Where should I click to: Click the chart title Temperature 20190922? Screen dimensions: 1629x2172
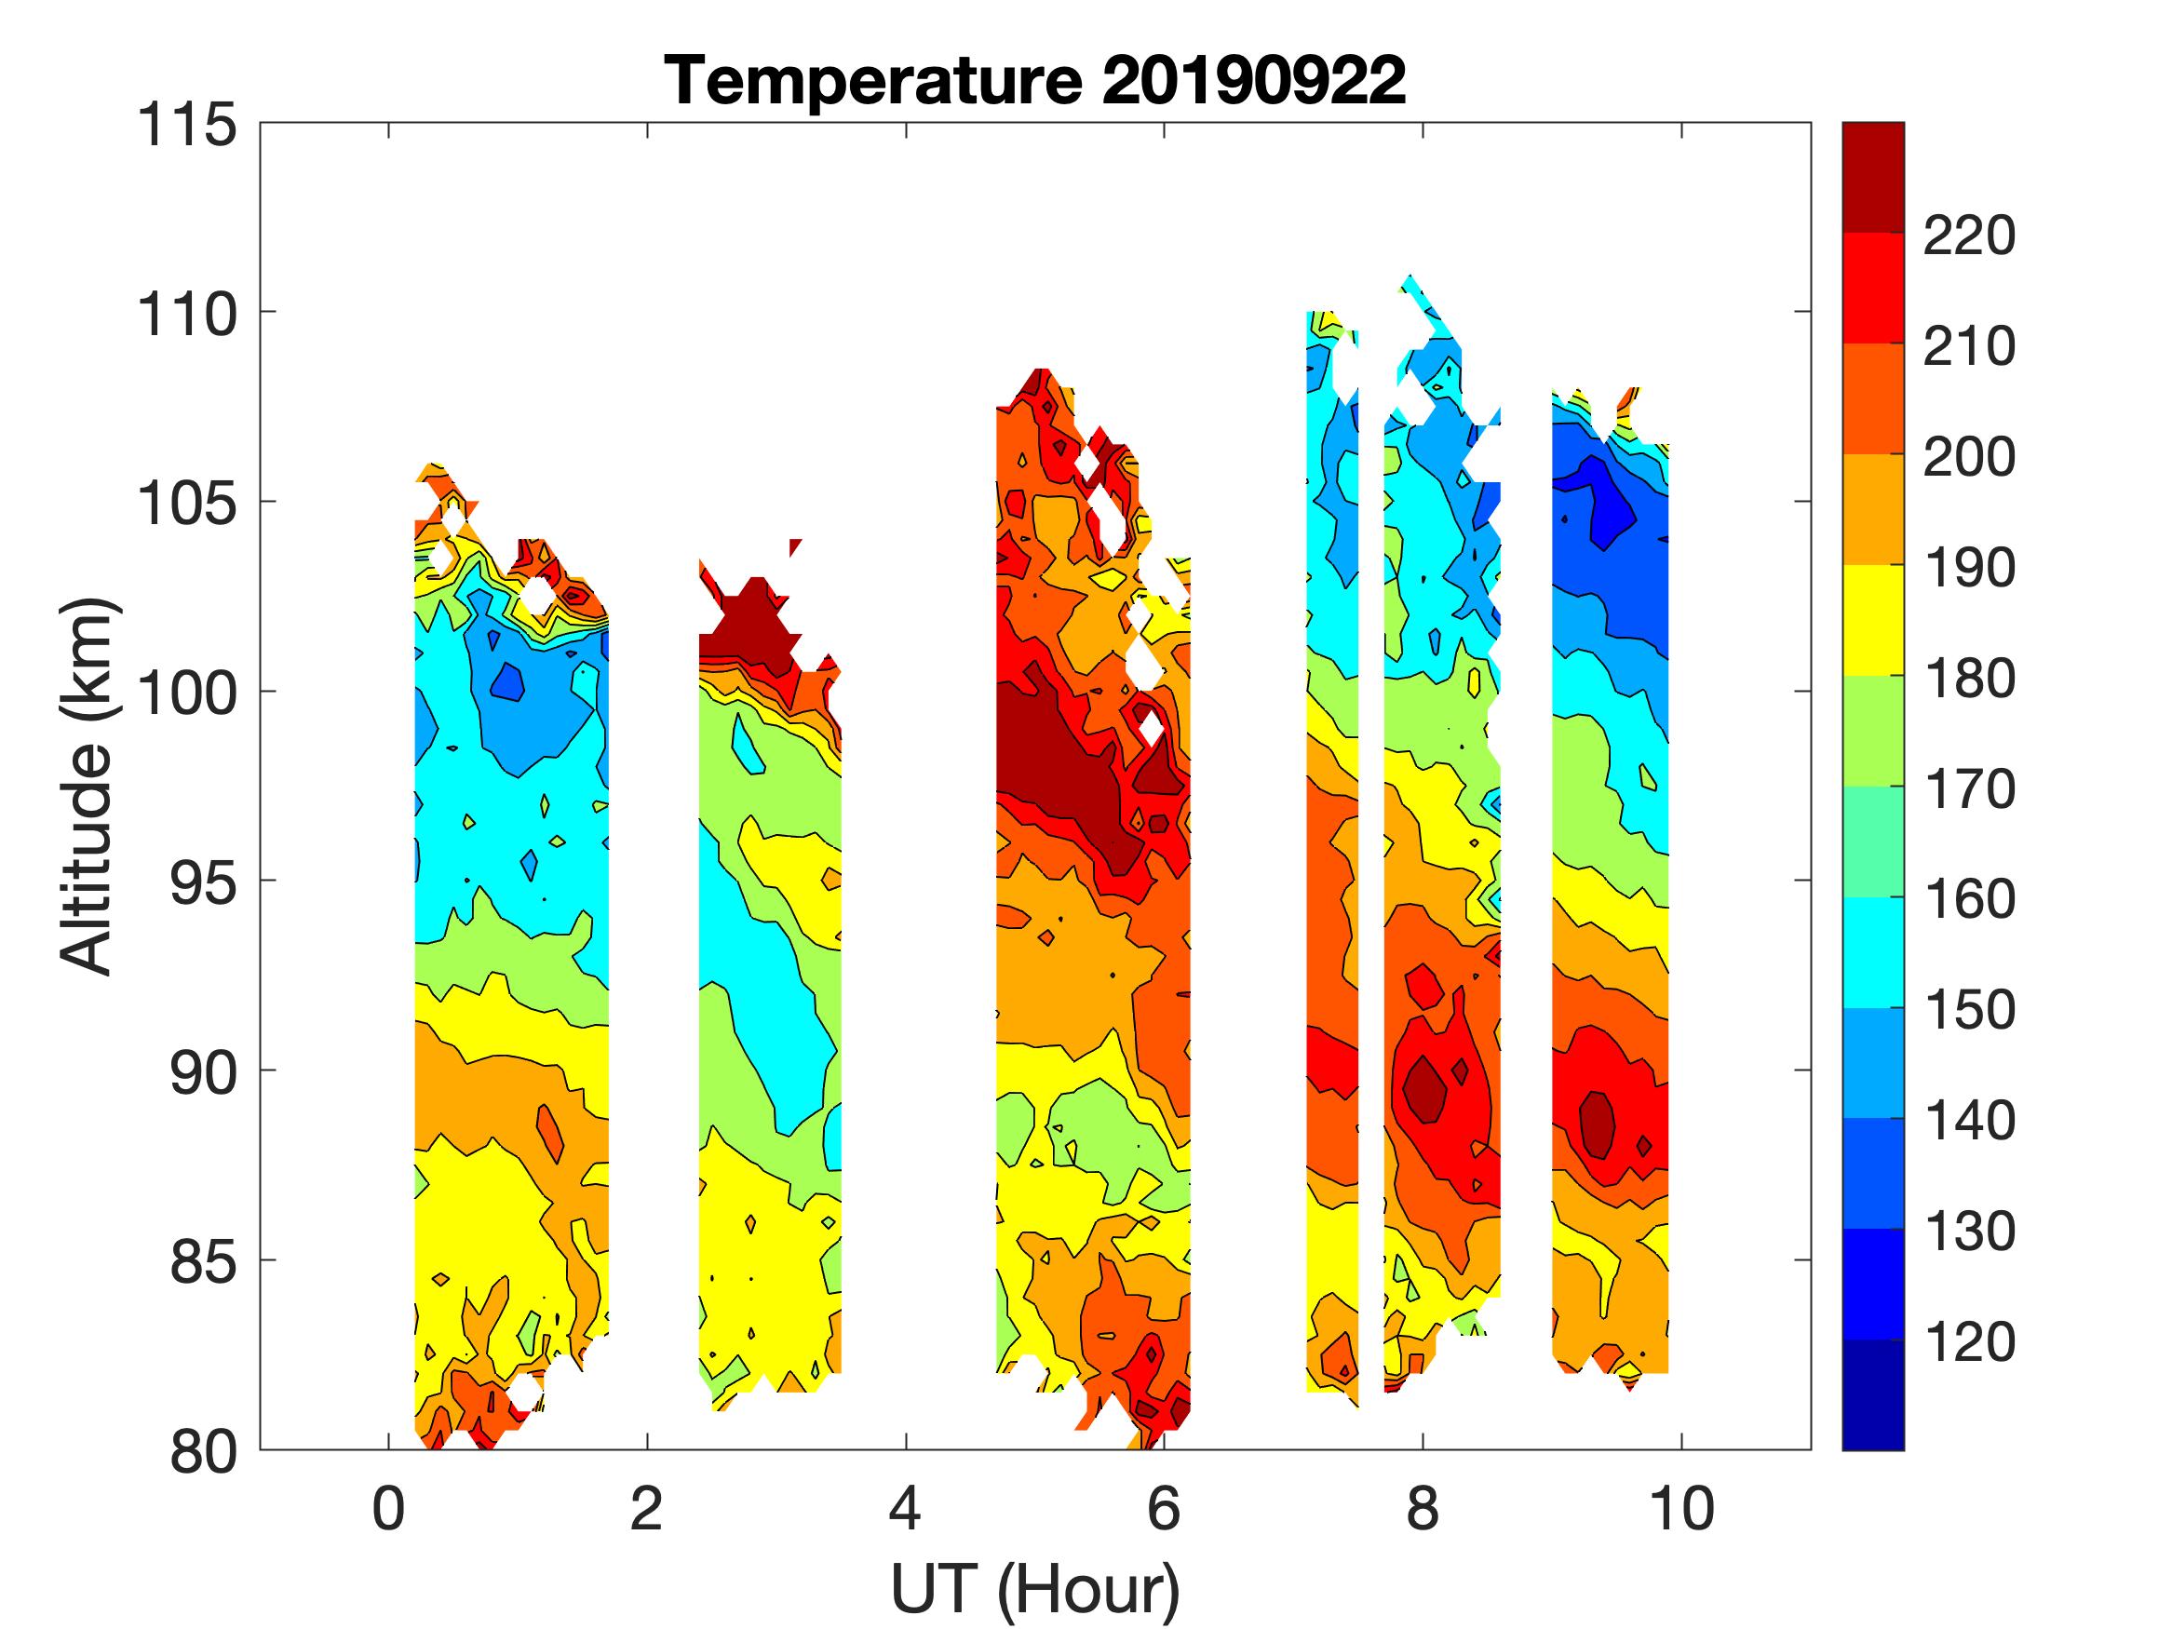[x=1035, y=80]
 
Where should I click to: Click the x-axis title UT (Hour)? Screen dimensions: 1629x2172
[x=1035, y=1589]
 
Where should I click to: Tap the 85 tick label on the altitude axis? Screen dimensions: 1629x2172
[x=204, y=1261]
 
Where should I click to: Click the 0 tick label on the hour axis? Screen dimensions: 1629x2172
[x=389, y=1509]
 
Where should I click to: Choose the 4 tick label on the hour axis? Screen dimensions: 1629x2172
[x=905, y=1509]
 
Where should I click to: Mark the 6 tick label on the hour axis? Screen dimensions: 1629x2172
[x=1164, y=1509]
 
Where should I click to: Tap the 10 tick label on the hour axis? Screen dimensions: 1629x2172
[x=1681, y=1509]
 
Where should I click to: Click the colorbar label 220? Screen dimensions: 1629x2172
[x=1968, y=236]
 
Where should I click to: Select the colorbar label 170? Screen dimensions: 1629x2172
[x=1968, y=789]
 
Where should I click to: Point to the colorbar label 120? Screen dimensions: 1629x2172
[x=1968, y=1342]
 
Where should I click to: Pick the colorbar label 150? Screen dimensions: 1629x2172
[x=1968, y=1010]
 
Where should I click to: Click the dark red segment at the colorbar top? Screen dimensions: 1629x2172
[x=1872, y=177]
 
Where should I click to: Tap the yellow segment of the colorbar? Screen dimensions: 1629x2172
[x=1872, y=621]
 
